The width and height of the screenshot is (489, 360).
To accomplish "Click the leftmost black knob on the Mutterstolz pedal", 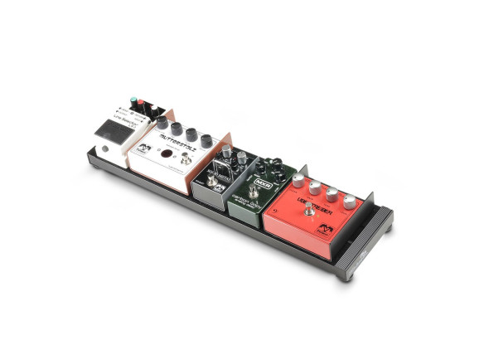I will pos(162,123).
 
